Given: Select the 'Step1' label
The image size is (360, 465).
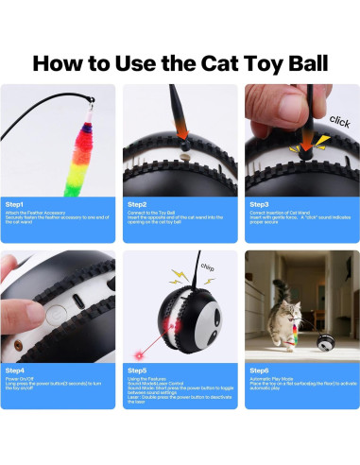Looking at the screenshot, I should (x=17, y=203).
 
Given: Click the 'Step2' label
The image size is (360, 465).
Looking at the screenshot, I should (x=137, y=203).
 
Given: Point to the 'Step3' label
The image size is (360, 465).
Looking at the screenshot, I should (x=257, y=203).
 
